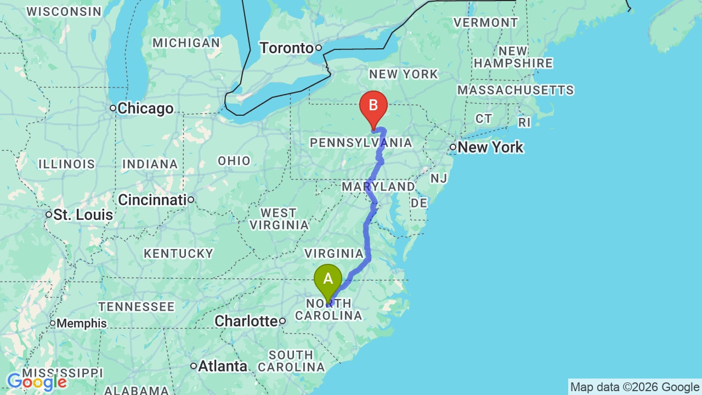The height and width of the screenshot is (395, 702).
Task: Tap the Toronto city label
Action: coord(286,48)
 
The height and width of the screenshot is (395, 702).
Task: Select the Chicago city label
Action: coord(145,109)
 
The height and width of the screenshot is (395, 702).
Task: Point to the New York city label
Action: coord(490,147)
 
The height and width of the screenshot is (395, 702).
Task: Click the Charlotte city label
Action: coord(246,321)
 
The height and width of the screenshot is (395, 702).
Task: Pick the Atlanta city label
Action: coord(223,366)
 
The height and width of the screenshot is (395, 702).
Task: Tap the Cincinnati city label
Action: coord(152,200)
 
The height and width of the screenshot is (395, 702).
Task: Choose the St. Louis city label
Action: coord(83,215)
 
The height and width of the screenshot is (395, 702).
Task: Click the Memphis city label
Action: coord(82,323)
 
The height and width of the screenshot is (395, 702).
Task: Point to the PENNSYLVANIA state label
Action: coord(360,143)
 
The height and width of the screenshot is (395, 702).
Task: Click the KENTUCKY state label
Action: coord(178,253)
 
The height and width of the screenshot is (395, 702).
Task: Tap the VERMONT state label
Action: coord(485,22)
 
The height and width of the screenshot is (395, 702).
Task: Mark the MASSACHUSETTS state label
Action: coord(516,90)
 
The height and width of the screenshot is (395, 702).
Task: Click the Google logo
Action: coord(37,382)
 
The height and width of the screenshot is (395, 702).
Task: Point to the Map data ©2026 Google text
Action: coord(635,387)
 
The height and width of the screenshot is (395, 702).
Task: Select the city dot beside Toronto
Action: coord(318,48)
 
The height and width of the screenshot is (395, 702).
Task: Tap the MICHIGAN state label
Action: coord(186,43)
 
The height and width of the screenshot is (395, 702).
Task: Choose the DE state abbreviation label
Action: coord(419,203)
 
